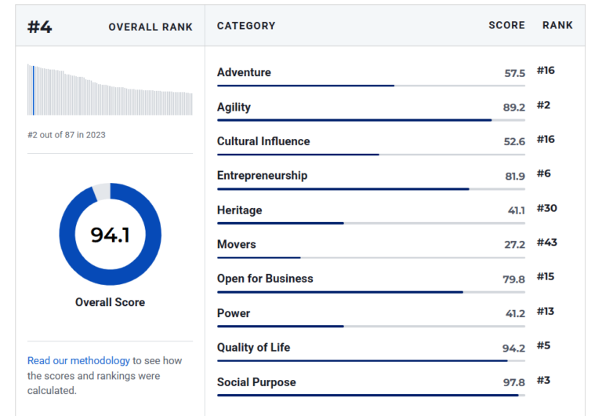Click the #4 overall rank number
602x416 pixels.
(39, 27)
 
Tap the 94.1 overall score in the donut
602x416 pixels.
(111, 235)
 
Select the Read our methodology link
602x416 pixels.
(78, 360)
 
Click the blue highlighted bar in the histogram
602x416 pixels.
(34, 90)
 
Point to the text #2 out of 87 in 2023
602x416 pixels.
(67, 135)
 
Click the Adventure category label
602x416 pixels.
(245, 72)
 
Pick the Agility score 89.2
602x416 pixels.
(514, 108)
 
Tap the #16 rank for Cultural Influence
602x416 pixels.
(546, 139)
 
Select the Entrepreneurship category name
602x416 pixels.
(263, 176)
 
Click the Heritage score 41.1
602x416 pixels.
(517, 210)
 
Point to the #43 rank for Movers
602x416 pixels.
(546, 243)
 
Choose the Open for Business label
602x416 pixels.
(265, 279)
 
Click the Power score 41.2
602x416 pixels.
(515, 314)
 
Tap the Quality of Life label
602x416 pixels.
(254, 348)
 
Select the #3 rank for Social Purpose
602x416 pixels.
(543, 380)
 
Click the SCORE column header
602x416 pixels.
(507, 25)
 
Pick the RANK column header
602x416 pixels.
(557, 25)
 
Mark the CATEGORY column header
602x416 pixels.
(246, 26)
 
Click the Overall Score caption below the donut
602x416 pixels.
(111, 302)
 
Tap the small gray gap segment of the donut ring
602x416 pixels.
(102, 192)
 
